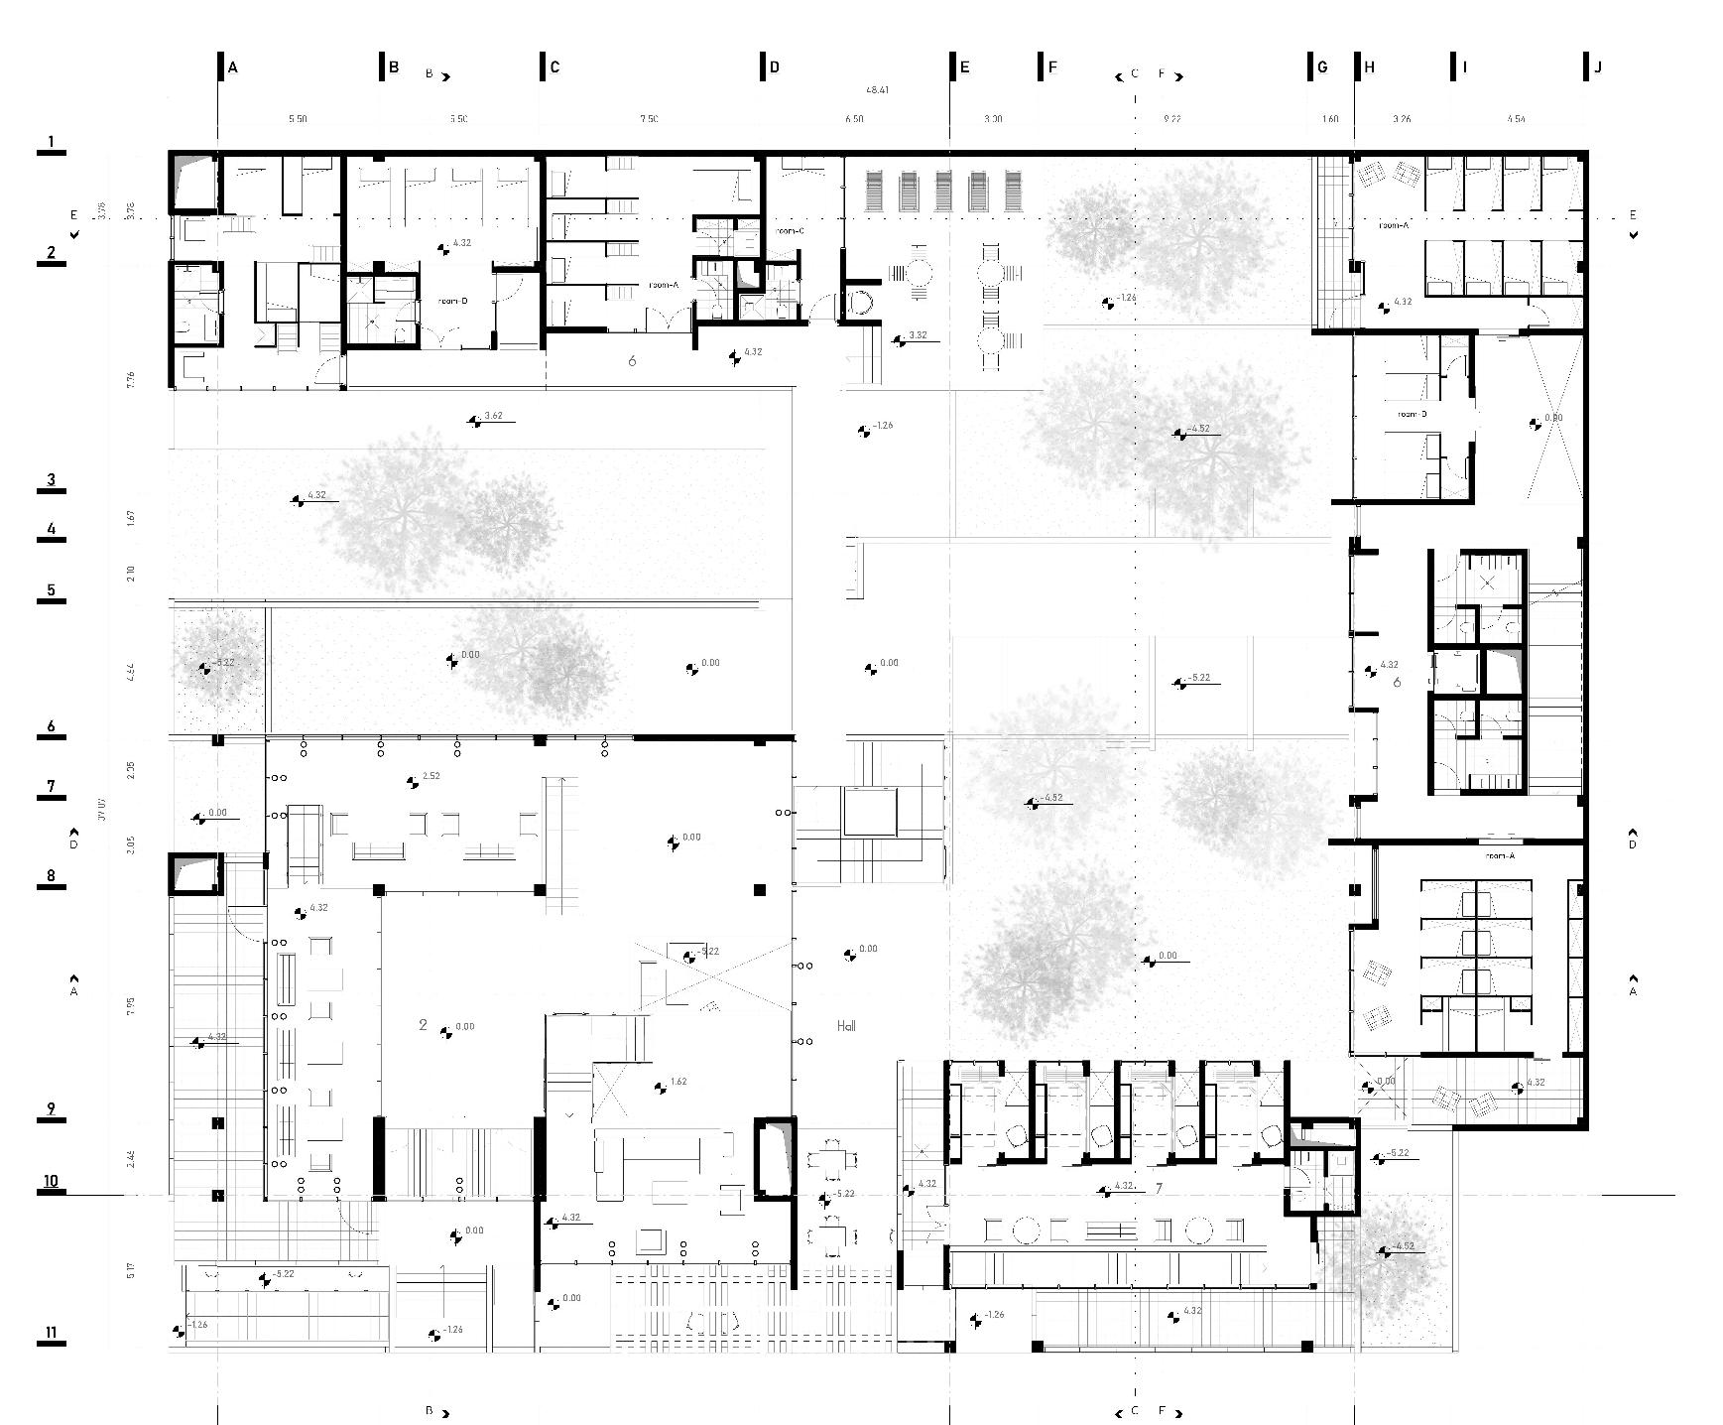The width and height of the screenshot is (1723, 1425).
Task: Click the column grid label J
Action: (1598, 67)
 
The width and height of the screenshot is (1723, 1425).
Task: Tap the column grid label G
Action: (1322, 67)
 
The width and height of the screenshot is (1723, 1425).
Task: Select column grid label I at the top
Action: (1465, 67)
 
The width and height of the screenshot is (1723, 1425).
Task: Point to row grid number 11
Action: (50, 1333)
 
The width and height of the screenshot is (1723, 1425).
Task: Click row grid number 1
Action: (50, 142)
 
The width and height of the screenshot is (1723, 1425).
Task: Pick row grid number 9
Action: (50, 1110)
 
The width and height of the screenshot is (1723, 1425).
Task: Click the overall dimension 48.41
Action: (877, 90)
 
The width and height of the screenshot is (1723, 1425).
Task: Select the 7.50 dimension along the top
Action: (649, 119)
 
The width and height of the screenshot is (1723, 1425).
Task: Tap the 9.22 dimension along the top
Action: (1171, 119)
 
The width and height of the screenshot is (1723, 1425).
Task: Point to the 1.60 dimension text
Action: (1330, 119)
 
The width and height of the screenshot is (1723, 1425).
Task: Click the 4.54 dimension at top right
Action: (1516, 119)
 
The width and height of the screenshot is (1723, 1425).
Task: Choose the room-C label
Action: (790, 230)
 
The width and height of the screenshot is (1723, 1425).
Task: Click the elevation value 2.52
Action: (431, 776)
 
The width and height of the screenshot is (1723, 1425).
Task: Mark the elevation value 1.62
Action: (678, 1082)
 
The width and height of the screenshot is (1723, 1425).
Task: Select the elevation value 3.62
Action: (493, 416)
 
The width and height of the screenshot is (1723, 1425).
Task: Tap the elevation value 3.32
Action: (918, 335)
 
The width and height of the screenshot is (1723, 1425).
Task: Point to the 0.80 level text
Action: (1553, 418)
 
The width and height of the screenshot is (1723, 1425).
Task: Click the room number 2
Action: (423, 1025)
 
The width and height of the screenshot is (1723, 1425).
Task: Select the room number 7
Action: (1158, 1188)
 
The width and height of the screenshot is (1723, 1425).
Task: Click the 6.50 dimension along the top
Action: (854, 119)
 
